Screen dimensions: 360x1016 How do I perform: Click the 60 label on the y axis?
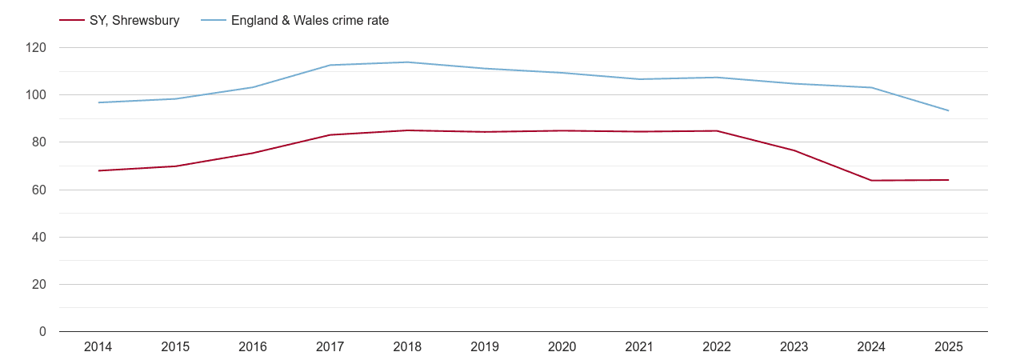pyautogui.click(x=40, y=190)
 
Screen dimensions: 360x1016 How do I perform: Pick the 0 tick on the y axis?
pyautogui.click(x=43, y=332)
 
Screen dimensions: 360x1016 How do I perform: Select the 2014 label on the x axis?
pyautogui.click(x=98, y=347)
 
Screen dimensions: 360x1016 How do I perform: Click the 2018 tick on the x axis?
pyautogui.click(x=407, y=347)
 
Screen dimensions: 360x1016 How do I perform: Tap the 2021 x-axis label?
pyautogui.click(x=639, y=347)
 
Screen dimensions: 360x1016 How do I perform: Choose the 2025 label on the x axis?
pyautogui.click(x=949, y=347)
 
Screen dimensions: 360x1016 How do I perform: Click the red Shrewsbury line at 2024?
pyautogui.click(x=871, y=181)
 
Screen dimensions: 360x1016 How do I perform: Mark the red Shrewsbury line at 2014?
pyautogui.click(x=98, y=170)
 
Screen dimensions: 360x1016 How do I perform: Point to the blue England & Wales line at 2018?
pyautogui.click(x=407, y=62)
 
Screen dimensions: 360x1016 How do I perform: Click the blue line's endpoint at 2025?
pyautogui.click(x=949, y=110)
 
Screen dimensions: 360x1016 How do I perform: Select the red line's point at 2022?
pyautogui.click(x=717, y=130)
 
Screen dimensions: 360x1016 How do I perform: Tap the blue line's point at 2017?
pyautogui.click(x=330, y=65)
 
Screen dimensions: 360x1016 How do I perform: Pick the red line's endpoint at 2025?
pyautogui.click(x=949, y=180)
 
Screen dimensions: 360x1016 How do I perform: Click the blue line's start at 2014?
pyautogui.click(x=98, y=102)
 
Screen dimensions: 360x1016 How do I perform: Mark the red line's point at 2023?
pyautogui.click(x=794, y=150)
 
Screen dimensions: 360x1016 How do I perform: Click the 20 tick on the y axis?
pyautogui.click(x=40, y=285)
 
